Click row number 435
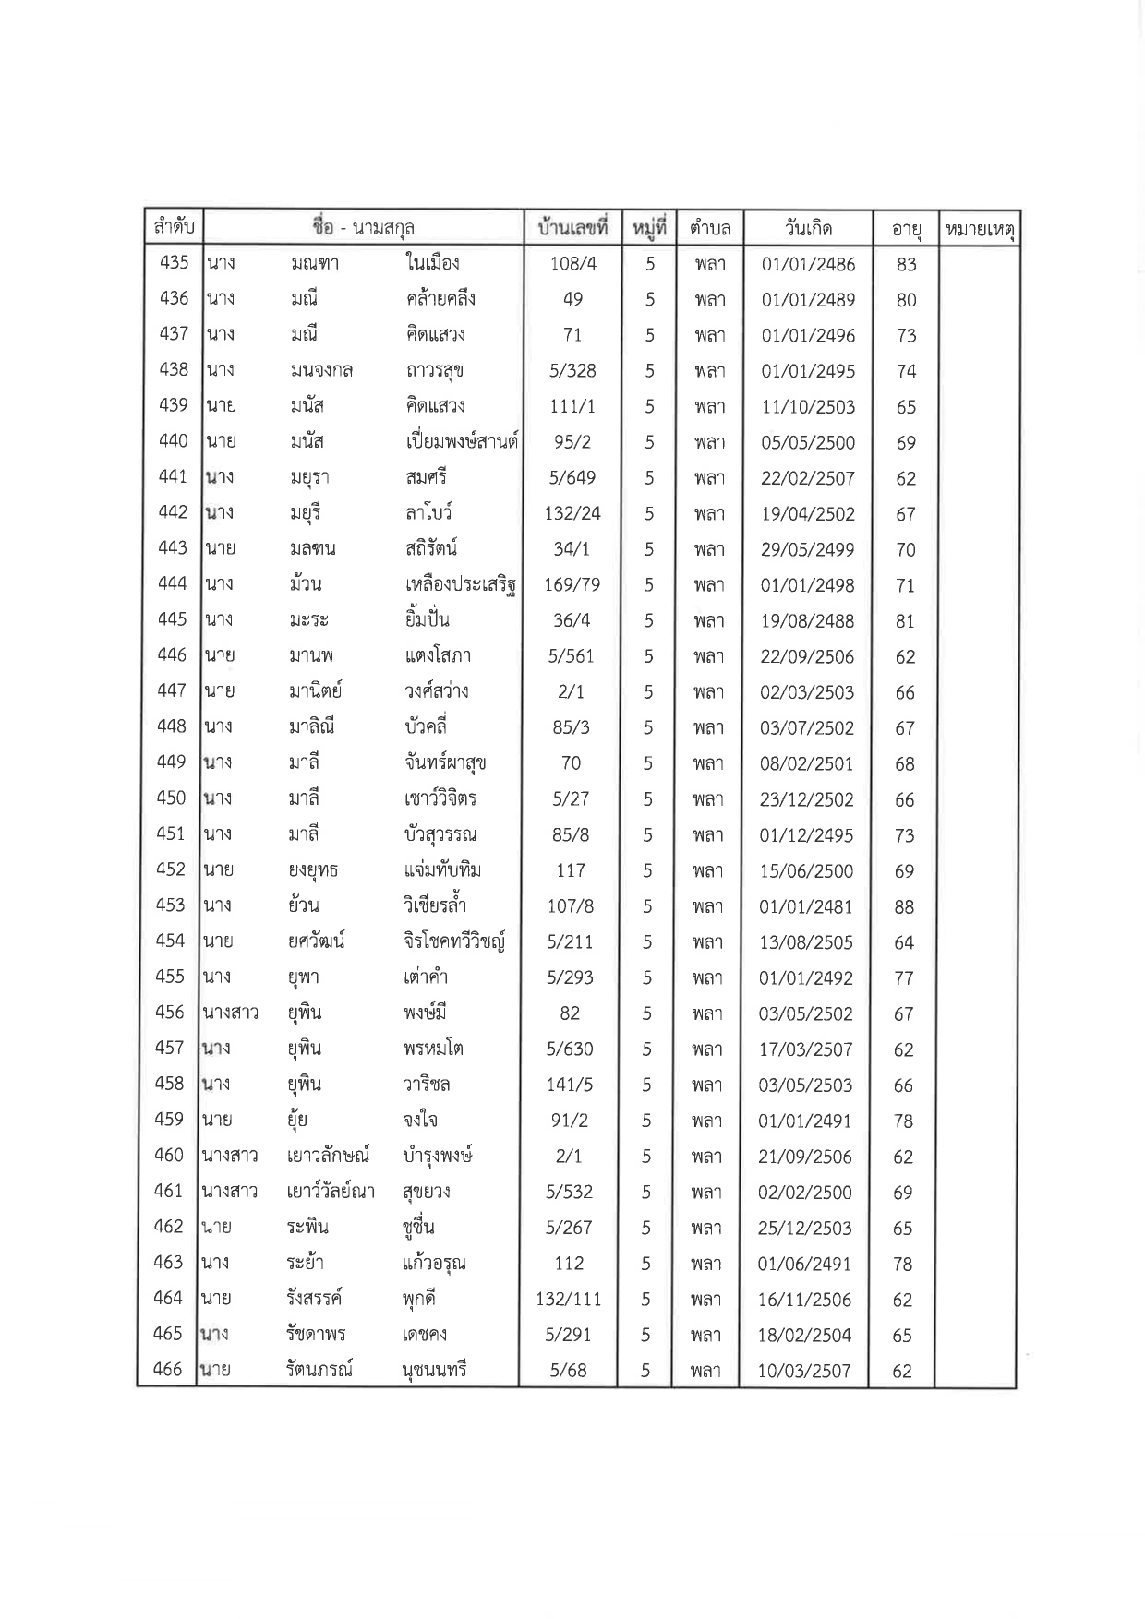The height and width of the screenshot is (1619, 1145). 174,262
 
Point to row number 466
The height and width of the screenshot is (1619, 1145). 167,1369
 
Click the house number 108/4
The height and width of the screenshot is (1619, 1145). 573,264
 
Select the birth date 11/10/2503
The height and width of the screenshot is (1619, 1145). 808,407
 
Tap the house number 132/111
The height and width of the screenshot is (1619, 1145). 569,1300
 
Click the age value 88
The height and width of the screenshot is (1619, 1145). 905,907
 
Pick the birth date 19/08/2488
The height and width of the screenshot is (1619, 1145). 807,621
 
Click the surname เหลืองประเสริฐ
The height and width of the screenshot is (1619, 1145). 460,584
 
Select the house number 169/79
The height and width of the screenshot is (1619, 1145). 572,585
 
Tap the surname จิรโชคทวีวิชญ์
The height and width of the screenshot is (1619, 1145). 453,942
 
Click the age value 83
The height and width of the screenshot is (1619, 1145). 907,265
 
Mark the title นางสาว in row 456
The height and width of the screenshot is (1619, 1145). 230,1013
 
